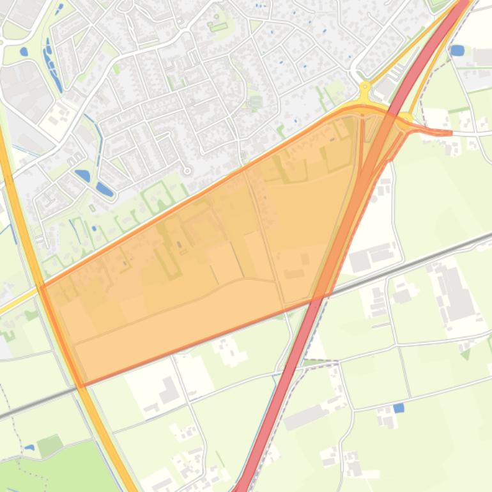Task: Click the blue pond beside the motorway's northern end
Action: point(457,50)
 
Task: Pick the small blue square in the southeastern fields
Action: point(399,408)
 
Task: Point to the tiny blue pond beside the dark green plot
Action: point(29,447)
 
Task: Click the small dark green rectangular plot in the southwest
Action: point(50,445)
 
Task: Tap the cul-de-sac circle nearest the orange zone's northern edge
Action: point(187,171)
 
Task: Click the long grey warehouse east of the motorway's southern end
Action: point(306,417)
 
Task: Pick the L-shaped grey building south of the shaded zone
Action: point(167,391)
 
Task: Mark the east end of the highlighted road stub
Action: point(451,133)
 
